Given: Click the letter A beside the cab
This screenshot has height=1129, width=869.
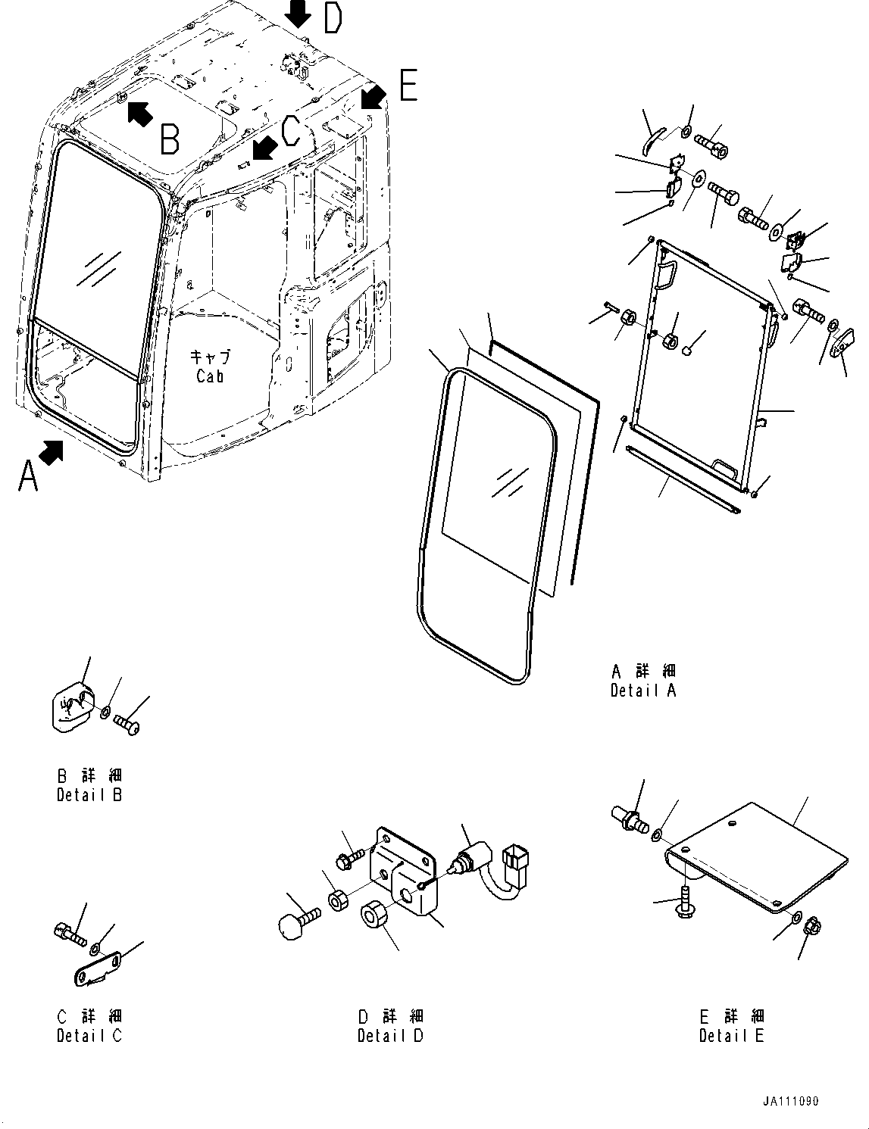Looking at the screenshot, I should [27, 476].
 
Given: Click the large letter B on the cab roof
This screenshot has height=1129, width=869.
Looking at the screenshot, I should [170, 139].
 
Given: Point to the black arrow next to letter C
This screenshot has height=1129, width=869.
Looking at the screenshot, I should [263, 148].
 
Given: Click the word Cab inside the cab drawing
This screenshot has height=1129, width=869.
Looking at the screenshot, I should [209, 376].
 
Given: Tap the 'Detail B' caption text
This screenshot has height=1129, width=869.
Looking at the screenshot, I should [89, 795].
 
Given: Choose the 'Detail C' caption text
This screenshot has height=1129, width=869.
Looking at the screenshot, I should [89, 1036].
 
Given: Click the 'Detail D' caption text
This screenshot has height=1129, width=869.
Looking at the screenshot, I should [390, 1036].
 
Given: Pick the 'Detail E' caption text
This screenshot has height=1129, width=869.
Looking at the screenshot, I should [731, 1036].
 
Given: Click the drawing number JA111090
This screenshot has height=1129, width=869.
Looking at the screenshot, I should [790, 1102].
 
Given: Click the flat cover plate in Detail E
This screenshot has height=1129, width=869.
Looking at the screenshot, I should [758, 856].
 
